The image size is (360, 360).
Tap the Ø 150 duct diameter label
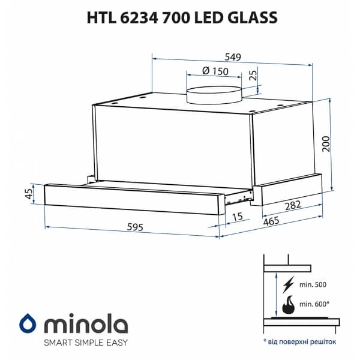214,71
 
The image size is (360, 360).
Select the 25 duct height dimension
253,76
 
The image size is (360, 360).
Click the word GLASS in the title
251,18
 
